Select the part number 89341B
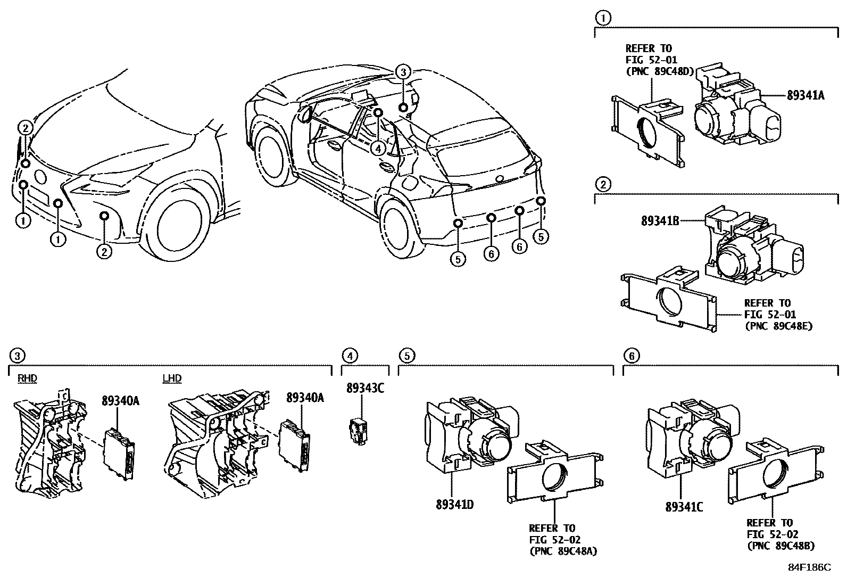[660, 220]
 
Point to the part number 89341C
[684, 507]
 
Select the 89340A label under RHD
[120, 401]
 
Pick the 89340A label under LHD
[305, 398]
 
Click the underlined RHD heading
[28, 378]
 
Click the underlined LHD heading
[172, 378]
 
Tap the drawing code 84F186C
[809, 567]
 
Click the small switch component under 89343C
[358, 430]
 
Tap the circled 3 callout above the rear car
[403, 72]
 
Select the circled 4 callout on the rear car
[377, 149]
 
